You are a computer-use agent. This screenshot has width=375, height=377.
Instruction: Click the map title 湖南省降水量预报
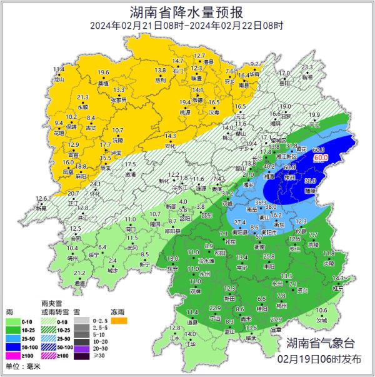tap(187, 11)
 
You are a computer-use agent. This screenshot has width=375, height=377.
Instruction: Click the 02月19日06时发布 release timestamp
tap(321, 359)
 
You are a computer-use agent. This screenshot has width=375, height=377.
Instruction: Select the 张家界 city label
tap(118, 99)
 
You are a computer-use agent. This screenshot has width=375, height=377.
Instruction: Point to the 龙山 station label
tap(59, 79)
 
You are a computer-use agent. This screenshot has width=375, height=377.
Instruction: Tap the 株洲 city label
tap(289, 178)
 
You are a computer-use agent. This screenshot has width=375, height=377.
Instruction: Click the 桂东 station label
tap(338, 288)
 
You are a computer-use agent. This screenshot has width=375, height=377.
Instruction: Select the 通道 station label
tap(80, 283)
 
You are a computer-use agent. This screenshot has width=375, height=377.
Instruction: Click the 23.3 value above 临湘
tap(307, 68)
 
